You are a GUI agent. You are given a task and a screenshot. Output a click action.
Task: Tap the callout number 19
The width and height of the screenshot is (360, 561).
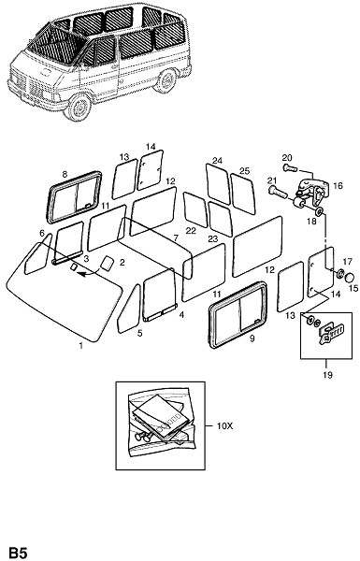point(327,375)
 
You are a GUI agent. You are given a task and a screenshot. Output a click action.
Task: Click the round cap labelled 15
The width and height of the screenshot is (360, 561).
point(351,278)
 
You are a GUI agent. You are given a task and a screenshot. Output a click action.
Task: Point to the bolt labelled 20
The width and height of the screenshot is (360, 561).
point(290,167)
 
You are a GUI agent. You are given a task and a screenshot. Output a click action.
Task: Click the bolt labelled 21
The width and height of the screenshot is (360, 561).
point(278,192)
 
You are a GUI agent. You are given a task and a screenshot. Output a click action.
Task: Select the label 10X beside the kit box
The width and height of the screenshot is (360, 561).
point(224,426)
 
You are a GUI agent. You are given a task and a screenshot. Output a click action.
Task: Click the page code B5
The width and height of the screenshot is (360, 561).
point(18,553)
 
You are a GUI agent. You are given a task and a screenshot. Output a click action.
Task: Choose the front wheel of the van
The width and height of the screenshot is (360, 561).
point(79,108)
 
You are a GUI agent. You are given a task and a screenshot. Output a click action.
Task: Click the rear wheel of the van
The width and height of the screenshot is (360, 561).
point(166,81)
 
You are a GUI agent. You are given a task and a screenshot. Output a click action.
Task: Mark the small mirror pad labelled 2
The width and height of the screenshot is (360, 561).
point(107,263)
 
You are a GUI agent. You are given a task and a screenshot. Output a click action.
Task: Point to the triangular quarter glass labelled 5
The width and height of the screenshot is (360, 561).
point(130,309)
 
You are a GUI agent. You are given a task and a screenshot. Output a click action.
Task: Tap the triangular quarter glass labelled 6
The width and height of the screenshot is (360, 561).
point(37,254)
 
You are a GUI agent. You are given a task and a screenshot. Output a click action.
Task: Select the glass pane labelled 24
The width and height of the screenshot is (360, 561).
point(218,183)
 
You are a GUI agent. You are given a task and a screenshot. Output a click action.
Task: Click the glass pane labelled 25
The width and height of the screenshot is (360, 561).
point(243,194)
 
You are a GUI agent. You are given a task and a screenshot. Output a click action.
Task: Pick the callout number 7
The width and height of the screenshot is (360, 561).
point(176,237)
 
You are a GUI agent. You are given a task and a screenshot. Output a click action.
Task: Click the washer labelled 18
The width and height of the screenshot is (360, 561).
point(319,212)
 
